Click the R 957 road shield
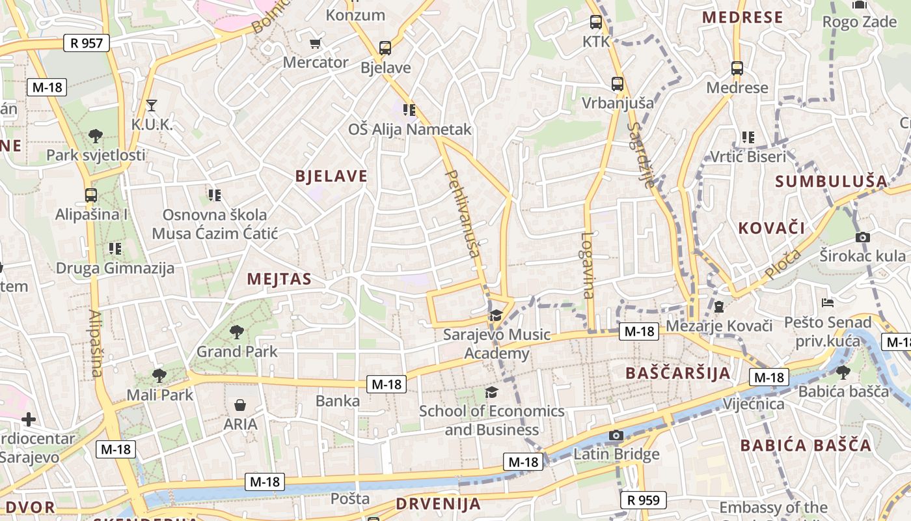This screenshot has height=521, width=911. [87, 44]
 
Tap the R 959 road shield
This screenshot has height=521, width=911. [644, 500]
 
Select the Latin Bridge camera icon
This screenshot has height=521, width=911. [616, 435]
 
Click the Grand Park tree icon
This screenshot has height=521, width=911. [236, 332]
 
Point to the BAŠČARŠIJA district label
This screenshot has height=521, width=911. [677, 373]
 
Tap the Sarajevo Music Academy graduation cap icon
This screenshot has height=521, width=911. [496, 315]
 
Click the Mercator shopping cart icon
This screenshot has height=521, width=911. [316, 44]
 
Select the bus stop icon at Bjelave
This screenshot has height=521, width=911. [385, 48]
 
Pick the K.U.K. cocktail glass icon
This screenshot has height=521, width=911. [152, 105]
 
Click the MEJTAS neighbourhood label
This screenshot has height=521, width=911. [279, 279]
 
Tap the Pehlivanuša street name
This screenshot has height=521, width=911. [463, 213]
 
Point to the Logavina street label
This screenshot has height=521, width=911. [588, 265]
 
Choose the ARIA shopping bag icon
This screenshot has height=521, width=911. [240, 405]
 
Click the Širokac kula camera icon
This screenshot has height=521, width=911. [863, 237]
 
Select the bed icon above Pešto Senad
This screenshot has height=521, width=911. [827, 303]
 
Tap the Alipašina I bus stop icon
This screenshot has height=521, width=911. [91, 195]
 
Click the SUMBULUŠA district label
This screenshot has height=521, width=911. [832, 182]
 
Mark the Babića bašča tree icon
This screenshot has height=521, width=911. [843, 372]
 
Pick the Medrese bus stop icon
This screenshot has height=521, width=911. [737, 68]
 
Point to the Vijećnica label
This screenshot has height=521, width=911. [754, 404]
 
